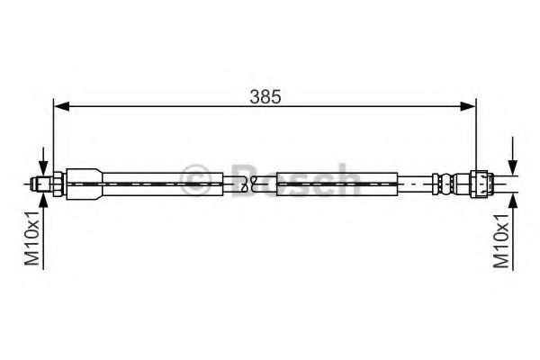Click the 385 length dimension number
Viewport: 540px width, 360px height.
pyautogui.click(x=265, y=97)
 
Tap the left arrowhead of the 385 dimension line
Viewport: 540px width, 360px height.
pyautogui.click(x=62, y=106)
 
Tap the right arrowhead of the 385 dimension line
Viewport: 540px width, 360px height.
pyautogui.click(x=467, y=106)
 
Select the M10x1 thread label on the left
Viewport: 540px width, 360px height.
pyautogui.click(x=32, y=238)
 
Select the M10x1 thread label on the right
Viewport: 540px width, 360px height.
pyautogui.click(x=501, y=240)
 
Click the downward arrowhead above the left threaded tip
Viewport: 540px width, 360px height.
pyautogui.click(x=43, y=169)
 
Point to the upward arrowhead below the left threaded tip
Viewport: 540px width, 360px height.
pyautogui.click(x=43, y=201)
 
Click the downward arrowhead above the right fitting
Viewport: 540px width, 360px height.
pyautogui.click(x=513, y=167)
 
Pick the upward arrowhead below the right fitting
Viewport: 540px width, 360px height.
pyautogui.click(x=513, y=201)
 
